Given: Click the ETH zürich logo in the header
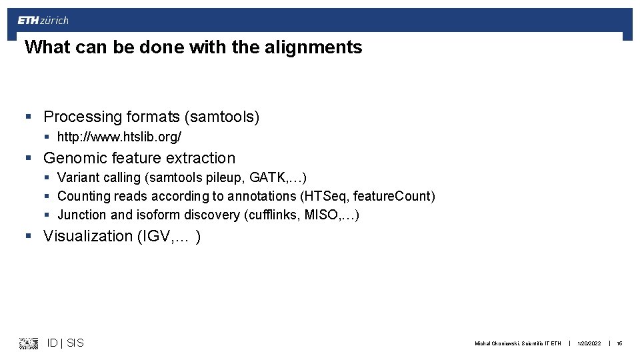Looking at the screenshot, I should click(x=43, y=21).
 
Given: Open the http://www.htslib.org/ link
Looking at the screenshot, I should click(x=119, y=137).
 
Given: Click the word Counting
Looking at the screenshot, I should click(x=84, y=196).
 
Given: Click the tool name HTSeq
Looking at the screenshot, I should click(x=326, y=196).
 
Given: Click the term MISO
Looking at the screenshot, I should click(x=324, y=215).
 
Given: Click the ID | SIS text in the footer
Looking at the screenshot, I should click(x=65, y=343).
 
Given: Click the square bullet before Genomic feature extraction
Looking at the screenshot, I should click(x=28, y=159).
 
